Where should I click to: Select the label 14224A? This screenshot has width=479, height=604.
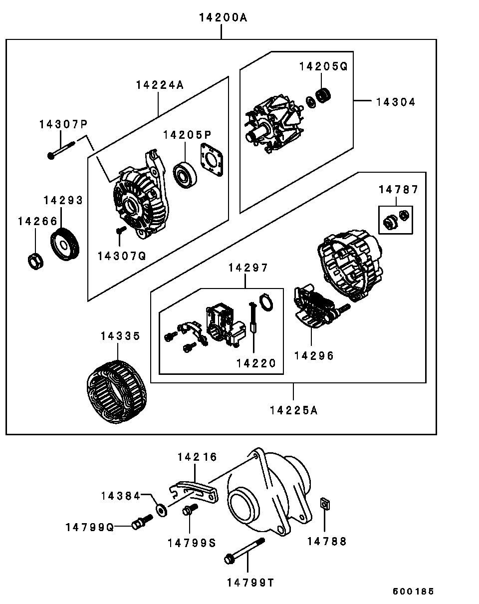click(x=159, y=85)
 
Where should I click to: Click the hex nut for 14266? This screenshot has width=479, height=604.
click(x=34, y=261)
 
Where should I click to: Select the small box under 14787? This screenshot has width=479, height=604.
click(x=395, y=220)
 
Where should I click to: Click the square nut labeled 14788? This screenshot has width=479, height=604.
click(x=324, y=506)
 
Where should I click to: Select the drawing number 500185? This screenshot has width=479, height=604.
click(x=413, y=592)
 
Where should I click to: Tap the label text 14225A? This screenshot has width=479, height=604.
click(x=293, y=410)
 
